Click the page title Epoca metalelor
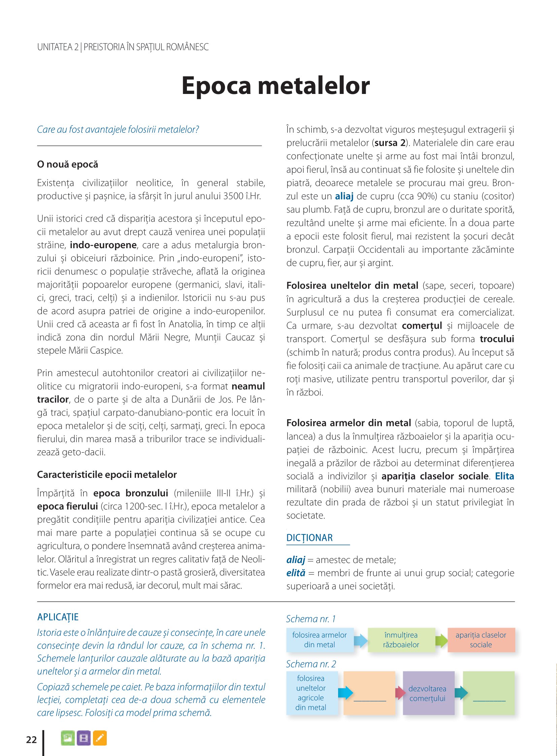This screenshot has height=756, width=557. (275, 86)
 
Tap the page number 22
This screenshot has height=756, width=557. (31, 740)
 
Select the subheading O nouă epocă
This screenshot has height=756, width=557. (67, 164)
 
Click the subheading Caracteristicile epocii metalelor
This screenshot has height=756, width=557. (106, 474)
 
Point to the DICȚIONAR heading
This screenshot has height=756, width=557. (309, 537)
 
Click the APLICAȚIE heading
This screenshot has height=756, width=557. (58, 617)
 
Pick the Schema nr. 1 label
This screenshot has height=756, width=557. (310, 619)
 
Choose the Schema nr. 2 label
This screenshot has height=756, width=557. (311, 664)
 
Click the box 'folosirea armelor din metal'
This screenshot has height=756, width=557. (319, 640)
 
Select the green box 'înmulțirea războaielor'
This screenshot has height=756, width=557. (401, 640)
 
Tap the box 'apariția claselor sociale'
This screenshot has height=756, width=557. (481, 640)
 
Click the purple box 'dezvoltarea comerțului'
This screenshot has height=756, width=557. (428, 693)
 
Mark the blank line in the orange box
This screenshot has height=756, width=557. (369, 701)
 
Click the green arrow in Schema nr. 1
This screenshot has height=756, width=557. (441, 640)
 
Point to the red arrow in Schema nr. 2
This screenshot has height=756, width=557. (400, 693)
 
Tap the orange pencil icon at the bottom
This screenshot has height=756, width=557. (100, 738)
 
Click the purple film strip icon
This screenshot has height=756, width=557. (83, 738)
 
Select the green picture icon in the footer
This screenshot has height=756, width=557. (68, 738)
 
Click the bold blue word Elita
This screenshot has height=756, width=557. (504, 476)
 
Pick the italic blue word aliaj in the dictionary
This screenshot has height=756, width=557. (295, 560)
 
